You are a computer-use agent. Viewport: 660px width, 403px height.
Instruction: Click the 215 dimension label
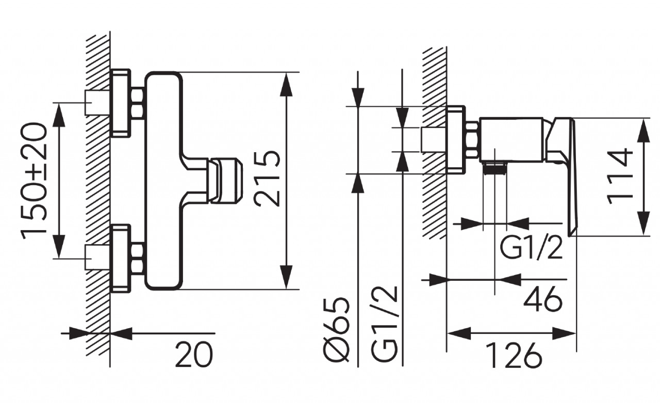point(267,179)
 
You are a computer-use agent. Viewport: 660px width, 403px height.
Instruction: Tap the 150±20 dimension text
point(34,179)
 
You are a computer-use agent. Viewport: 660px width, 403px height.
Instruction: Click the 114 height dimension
point(620,177)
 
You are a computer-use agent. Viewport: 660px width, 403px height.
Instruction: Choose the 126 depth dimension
point(515,355)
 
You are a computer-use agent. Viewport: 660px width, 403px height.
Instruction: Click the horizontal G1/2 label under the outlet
point(531,248)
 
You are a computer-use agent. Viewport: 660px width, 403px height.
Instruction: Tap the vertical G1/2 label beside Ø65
point(385,324)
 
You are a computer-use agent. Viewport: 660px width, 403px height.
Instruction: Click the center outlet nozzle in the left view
point(225,181)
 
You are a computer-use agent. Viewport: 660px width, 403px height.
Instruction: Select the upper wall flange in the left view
point(121,103)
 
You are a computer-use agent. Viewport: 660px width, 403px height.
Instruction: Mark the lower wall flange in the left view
point(121,259)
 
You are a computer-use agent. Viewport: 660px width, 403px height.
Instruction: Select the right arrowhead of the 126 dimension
point(564,333)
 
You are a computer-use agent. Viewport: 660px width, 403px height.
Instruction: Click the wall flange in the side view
point(456,140)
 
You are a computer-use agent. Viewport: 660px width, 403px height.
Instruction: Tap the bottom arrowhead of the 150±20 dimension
point(59,247)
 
